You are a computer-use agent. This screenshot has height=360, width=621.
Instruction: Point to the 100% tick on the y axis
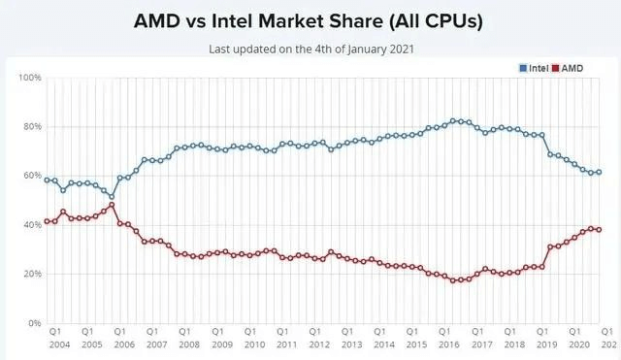tap(28, 78)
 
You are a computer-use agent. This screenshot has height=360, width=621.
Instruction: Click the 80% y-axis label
tap(30, 127)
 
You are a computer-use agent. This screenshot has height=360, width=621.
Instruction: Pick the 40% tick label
tap(30, 225)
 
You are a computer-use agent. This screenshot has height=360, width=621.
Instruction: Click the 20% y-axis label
tap(30, 275)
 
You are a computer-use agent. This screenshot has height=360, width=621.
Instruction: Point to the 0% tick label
tap(33, 323)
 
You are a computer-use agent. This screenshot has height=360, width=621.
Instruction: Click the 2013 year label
tap(351, 344)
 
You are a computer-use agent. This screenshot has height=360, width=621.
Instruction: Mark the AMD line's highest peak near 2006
tap(112, 205)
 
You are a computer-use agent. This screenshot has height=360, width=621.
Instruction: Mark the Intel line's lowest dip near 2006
tap(112, 196)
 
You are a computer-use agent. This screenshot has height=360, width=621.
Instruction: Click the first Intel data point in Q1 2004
tap(47, 180)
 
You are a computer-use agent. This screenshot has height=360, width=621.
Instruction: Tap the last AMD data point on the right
tap(599, 230)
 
